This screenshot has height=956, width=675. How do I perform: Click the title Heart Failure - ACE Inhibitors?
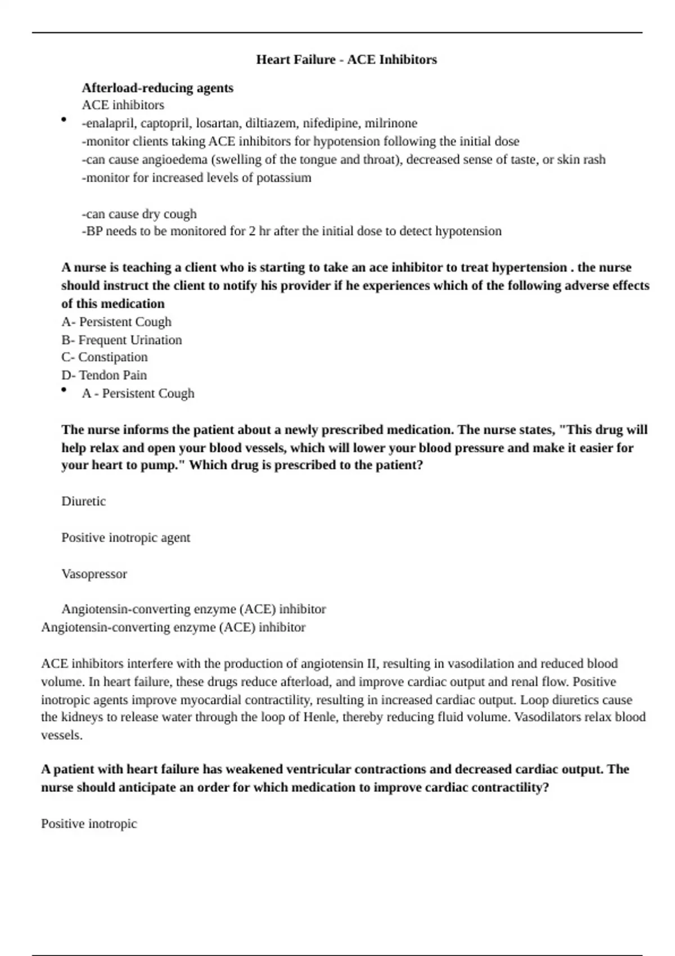[346, 60]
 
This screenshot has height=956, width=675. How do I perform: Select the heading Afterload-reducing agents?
[157, 88]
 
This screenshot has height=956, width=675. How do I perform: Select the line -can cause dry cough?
[139, 214]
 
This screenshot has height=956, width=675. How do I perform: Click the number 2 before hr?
[252, 231]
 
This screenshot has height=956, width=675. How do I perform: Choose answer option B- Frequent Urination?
[121, 340]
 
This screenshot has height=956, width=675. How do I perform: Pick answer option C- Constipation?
[105, 357]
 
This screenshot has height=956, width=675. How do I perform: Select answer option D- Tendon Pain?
[104, 375]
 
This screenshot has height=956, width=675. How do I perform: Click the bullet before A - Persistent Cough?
[64, 390]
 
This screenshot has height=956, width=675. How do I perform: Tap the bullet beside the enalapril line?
[64, 119]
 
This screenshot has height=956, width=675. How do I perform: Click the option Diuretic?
[83, 501]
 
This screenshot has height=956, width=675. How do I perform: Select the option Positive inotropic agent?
[125, 538]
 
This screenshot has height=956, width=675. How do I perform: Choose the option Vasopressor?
[94, 574]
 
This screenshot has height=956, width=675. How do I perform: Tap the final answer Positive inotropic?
[89, 824]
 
